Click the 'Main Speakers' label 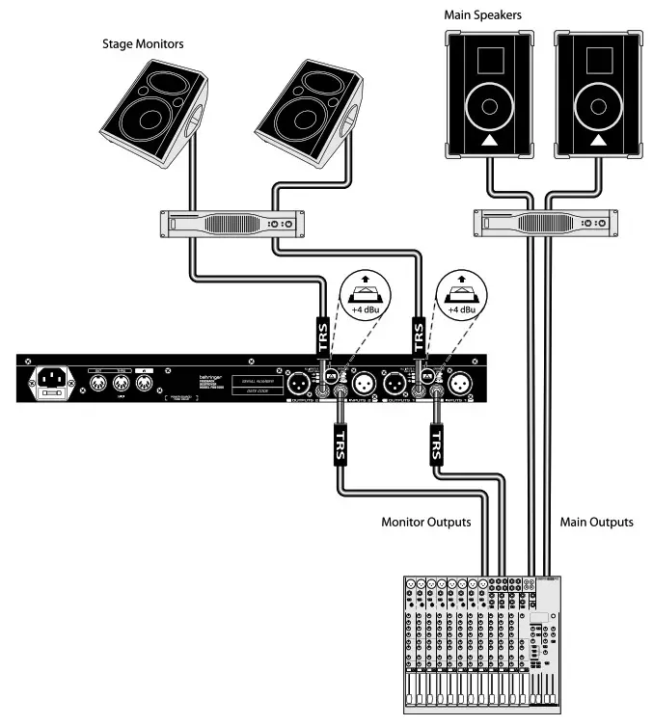483,14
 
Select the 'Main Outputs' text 596,522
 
